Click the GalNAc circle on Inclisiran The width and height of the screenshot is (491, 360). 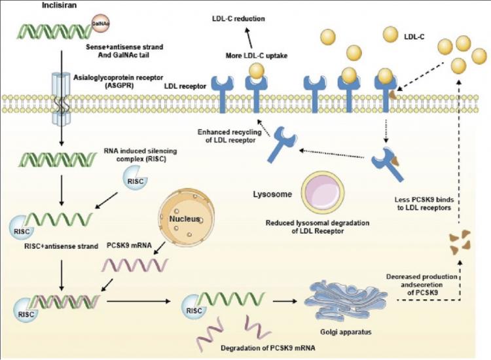pyautogui.click(x=101, y=23)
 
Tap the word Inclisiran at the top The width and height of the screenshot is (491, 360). pyautogui.click(x=59, y=5)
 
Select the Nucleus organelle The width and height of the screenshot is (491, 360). pyautogui.click(x=187, y=217)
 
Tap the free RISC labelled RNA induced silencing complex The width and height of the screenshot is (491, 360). pyautogui.click(x=136, y=178)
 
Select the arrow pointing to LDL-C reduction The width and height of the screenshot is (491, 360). pyautogui.click(x=249, y=38)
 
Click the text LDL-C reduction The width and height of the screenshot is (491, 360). pyautogui.click(x=238, y=18)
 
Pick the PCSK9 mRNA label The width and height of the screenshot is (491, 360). pyautogui.click(x=130, y=245)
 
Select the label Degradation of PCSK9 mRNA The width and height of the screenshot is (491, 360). pyautogui.click(x=268, y=348)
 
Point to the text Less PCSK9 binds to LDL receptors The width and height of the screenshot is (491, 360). pyautogui.click(x=424, y=204)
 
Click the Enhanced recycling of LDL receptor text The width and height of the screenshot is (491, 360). pyautogui.click(x=230, y=136)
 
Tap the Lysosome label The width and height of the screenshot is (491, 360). pyautogui.click(x=272, y=194)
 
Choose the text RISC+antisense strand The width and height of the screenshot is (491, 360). pyautogui.click(x=61, y=246)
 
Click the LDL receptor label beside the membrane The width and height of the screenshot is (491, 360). pyautogui.click(x=185, y=86)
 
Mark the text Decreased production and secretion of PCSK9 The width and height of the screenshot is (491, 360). pyautogui.click(x=422, y=285)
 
